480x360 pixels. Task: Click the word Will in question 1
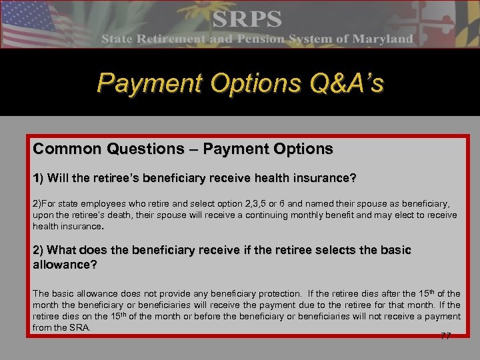pos(61,179)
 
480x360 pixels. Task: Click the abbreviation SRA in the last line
pos(79,328)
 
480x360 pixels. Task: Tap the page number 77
pos(445,336)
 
